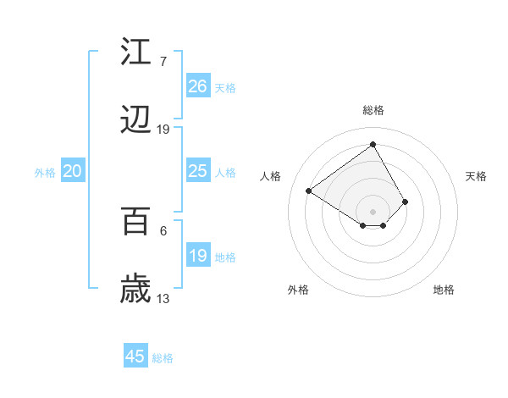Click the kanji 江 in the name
[136, 53]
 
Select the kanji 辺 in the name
[136, 122]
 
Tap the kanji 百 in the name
[136, 221]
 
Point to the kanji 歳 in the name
[136, 290]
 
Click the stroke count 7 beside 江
[163, 62]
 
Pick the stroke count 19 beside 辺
[163, 130]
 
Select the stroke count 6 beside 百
[163, 230]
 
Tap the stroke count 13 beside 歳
[163, 298]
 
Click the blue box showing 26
[198, 86]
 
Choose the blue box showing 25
[198, 171]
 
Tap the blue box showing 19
[198, 256]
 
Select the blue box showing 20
[73, 171]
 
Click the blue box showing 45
[135, 357]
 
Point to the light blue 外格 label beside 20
[45, 173]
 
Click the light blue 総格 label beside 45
[163, 358]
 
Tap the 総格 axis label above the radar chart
[373, 110]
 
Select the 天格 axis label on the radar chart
[477, 176]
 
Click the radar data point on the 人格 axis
[309, 191]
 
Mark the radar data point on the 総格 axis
[373, 144]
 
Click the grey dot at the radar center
[373, 211]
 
